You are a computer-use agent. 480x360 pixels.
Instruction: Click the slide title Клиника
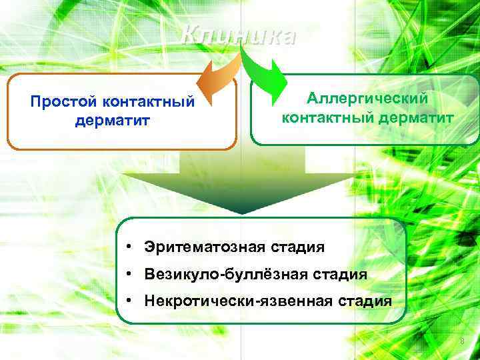238,35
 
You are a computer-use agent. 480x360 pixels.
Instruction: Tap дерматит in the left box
113,121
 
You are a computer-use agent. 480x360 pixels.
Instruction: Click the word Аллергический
367,99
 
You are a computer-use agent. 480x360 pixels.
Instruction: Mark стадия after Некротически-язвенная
363,301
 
